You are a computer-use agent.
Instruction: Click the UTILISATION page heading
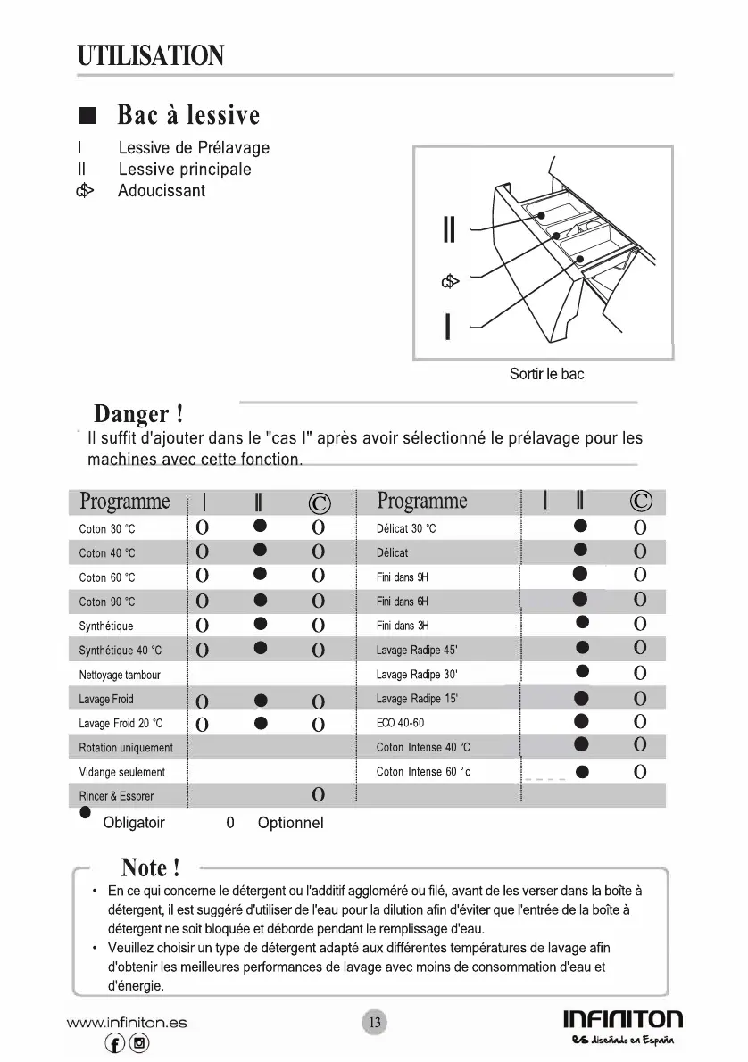(150, 55)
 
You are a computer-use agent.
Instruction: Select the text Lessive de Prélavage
(194, 148)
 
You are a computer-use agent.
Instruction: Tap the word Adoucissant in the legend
(162, 191)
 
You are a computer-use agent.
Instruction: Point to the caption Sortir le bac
(546, 374)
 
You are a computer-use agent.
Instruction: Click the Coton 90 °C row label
(107, 602)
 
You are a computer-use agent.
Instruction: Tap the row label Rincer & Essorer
(116, 796)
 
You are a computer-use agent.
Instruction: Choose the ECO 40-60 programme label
(401, 723)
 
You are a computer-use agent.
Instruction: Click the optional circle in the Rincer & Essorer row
(318, 795)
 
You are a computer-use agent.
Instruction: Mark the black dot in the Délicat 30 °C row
(581, 527)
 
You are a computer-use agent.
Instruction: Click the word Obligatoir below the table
(134, 823)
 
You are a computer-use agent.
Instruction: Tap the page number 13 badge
(375, 1022)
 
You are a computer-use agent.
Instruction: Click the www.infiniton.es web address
(126, 1023)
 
